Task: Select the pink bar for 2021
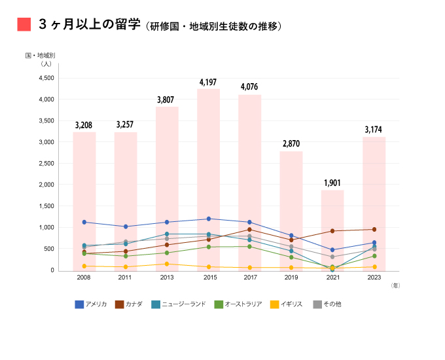click(x=332, y=229)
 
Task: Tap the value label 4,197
click(x=209, y=82)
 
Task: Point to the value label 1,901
click(x=332, y=183)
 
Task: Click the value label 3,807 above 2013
click(x=166, y=100)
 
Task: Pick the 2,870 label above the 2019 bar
click(x=291, y=144)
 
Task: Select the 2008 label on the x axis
click(x=84, y=278)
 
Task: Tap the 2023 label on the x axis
click(x=374, y=278)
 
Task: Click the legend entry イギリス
click(x=286, y=304)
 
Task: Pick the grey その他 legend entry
click(x=327, y=304)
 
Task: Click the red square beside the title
click(x=24, y=24)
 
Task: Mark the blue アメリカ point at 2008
click(x=84, y=222)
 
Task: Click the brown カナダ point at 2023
click(x=374, y=229)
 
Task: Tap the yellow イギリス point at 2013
click(x=167, y=264)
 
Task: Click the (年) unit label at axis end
click(x=395, y=285)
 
